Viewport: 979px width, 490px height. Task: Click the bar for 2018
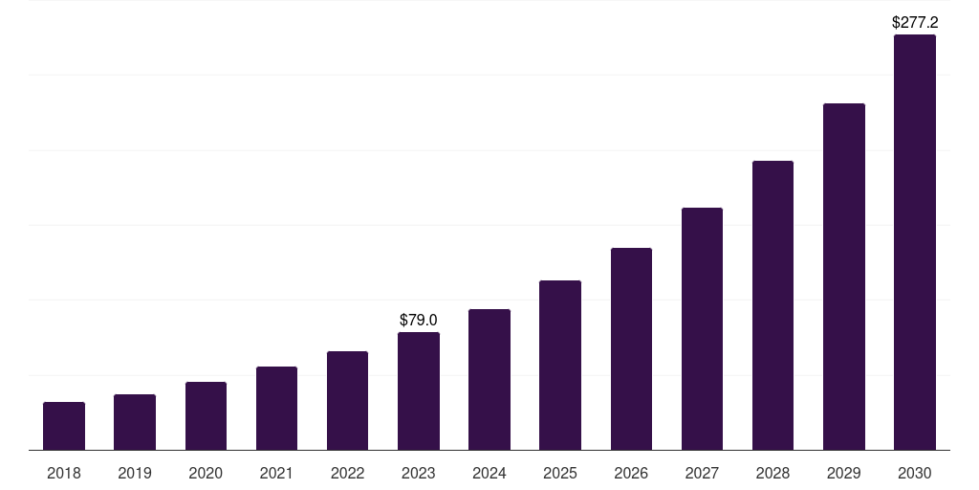coord(64,426)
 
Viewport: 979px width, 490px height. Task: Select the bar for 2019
coord(135,422)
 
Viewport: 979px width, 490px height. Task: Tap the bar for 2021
coord(276,409)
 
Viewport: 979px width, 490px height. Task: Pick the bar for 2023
coord(419,391)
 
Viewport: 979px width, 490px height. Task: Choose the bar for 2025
coord(560,366)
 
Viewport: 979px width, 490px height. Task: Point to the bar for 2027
coord(702,329)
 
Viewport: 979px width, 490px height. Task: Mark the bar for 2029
coord(844,277)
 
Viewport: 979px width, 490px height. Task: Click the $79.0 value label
coord(419,320)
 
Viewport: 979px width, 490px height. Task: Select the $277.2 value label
coord(915,22)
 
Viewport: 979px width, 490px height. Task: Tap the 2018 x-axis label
coord(64,473)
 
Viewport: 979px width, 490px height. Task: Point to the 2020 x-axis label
coord(206,473)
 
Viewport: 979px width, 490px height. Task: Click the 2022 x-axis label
coord(348,473)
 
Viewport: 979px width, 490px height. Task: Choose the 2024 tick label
coord(489,473)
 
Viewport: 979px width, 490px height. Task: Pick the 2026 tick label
coord(631,473)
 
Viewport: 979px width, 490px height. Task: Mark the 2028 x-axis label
coord(772,473)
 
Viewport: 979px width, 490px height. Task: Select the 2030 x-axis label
coord(915,473)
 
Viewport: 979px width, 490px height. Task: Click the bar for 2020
coord(206,416)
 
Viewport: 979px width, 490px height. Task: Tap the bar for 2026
coord(631,349)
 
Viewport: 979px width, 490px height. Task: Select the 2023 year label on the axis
coord(419,473)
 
